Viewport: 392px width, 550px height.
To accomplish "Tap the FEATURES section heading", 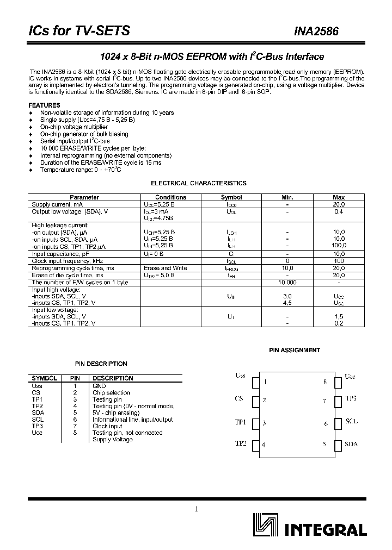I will click(x=44, y=105).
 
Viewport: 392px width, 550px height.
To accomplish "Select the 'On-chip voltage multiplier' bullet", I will click(x=73, y=127).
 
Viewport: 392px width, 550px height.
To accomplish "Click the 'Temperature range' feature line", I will click(x=81, y=170).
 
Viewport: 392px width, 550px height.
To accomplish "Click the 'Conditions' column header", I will click(x=170, y=197).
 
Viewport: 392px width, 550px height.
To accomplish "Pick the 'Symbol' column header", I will click(x=231, y=197).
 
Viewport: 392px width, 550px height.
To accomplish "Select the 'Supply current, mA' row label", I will click(x=57, y=204).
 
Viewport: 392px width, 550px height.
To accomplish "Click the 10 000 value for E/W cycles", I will click(x=287, y=283).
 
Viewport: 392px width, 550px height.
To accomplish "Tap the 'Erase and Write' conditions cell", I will click(x=165, y=268).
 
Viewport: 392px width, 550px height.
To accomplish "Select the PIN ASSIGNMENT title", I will click(x=295, y=351).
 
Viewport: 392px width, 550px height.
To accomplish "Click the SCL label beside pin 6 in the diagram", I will click(x=352, y=422).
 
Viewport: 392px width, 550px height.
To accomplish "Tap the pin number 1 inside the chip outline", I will click(x=265, y=382).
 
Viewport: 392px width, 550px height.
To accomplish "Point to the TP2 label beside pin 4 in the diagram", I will click(x=241, y=443).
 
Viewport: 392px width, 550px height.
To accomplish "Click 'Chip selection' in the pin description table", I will click(x=111, y=392).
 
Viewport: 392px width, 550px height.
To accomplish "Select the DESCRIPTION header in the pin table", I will click(x=113, y=378).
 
